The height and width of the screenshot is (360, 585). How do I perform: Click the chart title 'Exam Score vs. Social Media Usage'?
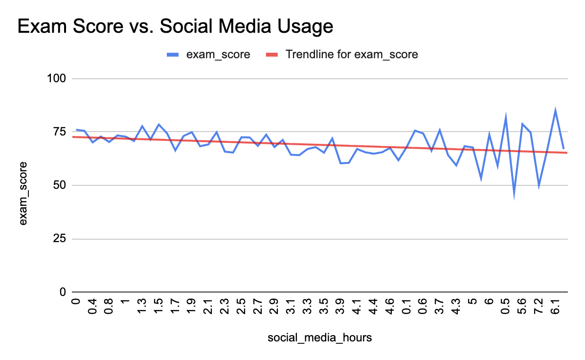click(175, 26)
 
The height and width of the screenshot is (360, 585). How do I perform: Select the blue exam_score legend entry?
click(208, 54)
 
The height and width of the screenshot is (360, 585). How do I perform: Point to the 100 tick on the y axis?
click(58, 79)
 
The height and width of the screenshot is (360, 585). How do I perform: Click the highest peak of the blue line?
click(555, 111)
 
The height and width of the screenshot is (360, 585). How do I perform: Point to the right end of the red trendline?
click(567, 153)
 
